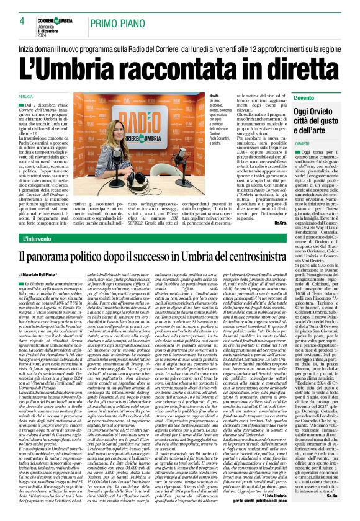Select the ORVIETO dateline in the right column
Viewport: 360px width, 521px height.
pos(302,143)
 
